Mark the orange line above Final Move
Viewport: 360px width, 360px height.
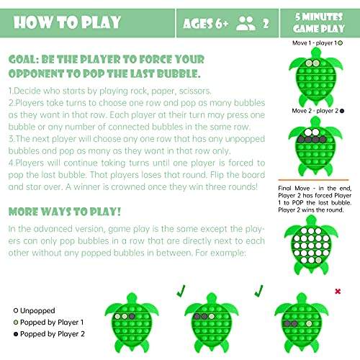click(x=317, y=177)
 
